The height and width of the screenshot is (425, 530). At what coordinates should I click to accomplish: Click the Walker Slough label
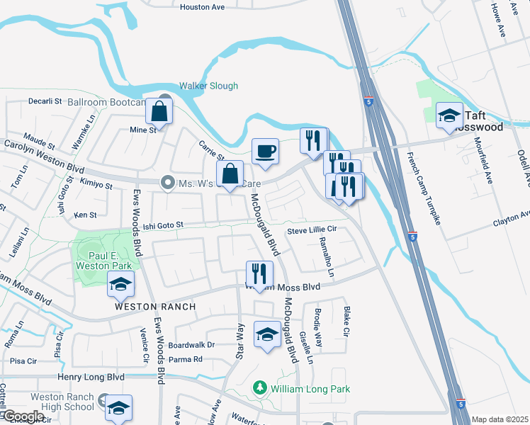click(208, 86)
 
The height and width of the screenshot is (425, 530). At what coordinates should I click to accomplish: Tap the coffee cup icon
click(266, 151)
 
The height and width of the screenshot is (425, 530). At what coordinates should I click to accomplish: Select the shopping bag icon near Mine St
click(159, 112)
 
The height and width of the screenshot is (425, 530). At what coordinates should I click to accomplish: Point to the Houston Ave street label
click(202, 6)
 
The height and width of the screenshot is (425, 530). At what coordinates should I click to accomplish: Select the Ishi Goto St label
click(163, 225)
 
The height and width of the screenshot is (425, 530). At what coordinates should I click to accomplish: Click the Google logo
click(23, 416)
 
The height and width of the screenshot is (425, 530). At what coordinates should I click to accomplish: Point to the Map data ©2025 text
click(500, 419)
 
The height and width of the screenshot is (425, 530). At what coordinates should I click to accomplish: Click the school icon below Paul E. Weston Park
click(120, 285)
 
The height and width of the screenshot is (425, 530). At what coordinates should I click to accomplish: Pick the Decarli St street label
click(46, 101)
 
